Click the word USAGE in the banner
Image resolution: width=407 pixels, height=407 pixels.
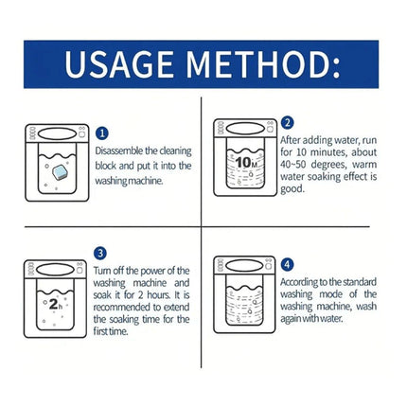click(x=119, y=64)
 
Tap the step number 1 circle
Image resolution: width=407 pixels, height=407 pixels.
click(x=102, y=133)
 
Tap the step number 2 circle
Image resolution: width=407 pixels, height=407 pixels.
click(x=287, y=123)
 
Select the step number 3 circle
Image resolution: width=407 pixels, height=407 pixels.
click(x=100, y=254)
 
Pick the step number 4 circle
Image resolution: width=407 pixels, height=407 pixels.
click(x=287, y=264)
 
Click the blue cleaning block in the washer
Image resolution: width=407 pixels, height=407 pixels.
click(x=61, y=172)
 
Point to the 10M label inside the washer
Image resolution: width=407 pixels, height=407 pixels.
click(x=246, y=163)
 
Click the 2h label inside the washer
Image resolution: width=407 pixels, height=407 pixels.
click(x=56, y=304)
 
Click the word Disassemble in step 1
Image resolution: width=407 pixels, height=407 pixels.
click(x=119, y=150)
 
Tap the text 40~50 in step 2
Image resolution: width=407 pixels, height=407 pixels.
click(x=293, y=165)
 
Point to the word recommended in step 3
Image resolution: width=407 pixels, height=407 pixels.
click(x=122, y=307)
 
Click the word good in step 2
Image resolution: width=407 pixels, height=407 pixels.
click(x=292, y=189)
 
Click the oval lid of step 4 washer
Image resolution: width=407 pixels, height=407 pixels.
click(x=244, y=266)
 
